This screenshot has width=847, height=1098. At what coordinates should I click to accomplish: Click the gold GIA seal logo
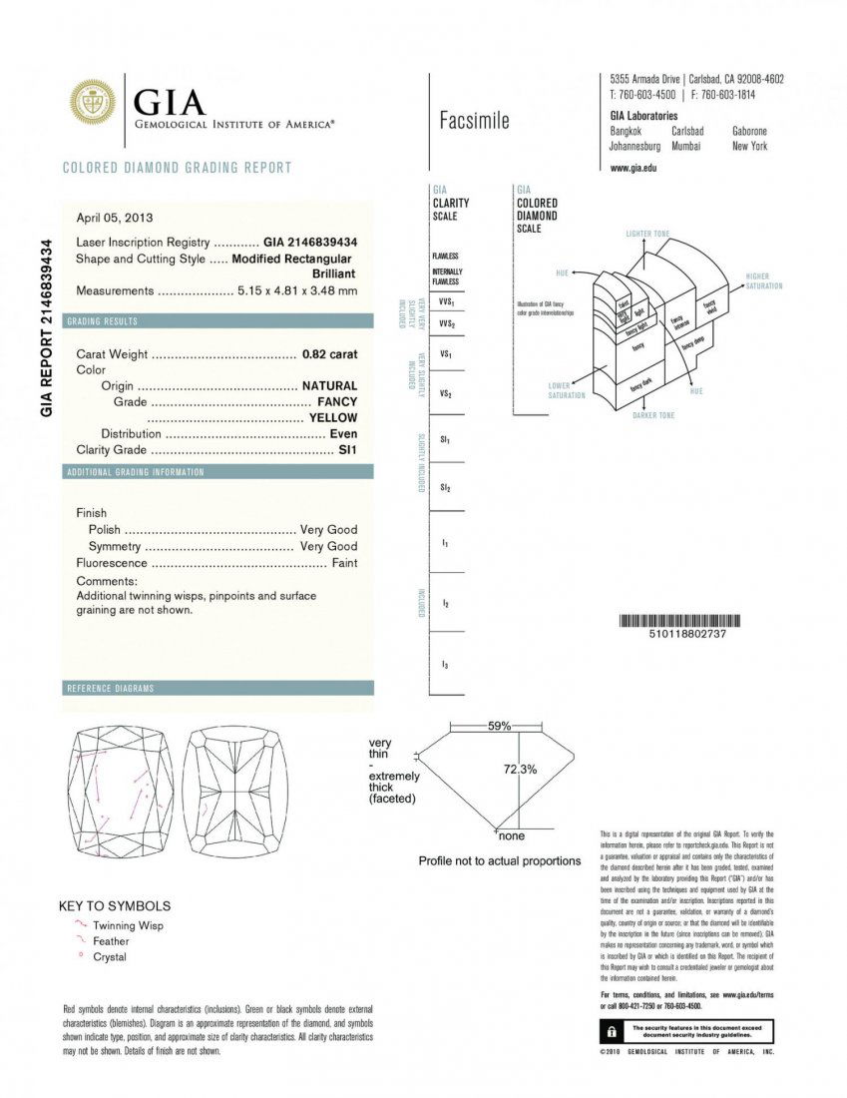(92, 102)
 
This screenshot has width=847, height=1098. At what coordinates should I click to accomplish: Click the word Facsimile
(474, 122)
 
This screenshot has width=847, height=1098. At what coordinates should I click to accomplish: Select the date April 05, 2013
(115, 218)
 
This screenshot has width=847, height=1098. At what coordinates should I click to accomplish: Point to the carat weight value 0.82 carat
(329, 353)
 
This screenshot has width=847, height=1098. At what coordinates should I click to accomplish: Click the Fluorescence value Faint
(344, 564)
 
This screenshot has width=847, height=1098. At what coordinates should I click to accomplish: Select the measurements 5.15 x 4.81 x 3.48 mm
(297, 291)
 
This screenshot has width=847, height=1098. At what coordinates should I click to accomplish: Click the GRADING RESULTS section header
(102, 321)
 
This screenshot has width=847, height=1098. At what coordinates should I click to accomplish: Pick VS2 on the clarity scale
(446, 394)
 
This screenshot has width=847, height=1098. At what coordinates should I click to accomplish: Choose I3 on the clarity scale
(445, 664)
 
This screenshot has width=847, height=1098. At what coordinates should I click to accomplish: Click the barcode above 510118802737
(680, 621)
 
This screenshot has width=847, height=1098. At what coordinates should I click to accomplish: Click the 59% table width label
(500, 726)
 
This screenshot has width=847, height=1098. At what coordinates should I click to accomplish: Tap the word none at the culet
(512, 835)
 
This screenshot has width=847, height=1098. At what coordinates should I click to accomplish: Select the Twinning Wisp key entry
(128, 925)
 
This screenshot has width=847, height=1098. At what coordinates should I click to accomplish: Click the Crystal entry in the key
(110, 957)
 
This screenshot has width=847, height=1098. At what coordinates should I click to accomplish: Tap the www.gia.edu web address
(633, 168)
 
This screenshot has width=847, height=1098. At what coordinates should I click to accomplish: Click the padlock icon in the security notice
(609, 1031)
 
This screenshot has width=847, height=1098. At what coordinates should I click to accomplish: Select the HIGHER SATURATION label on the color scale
(764, 280)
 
